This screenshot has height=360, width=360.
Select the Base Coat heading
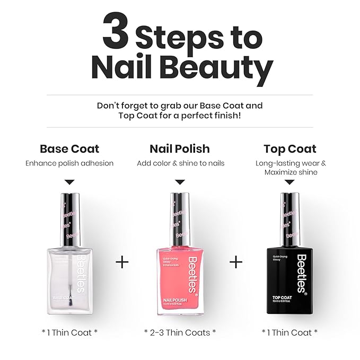[69, 149]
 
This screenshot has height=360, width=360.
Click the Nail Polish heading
[180, 149]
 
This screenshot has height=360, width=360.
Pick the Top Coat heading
[289, 149]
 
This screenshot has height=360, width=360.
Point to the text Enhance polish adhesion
[69, 163]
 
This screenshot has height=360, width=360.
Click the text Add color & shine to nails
[180, 163]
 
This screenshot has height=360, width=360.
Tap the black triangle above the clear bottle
[69, 182]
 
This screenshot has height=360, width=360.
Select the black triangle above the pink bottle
[180, 182]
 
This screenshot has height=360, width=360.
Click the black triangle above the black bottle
[289, 182]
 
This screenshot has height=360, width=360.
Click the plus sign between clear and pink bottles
[122, 262]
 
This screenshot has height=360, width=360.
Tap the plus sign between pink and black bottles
[236, 262]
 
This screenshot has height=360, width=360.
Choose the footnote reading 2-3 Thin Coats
[180, 332]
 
